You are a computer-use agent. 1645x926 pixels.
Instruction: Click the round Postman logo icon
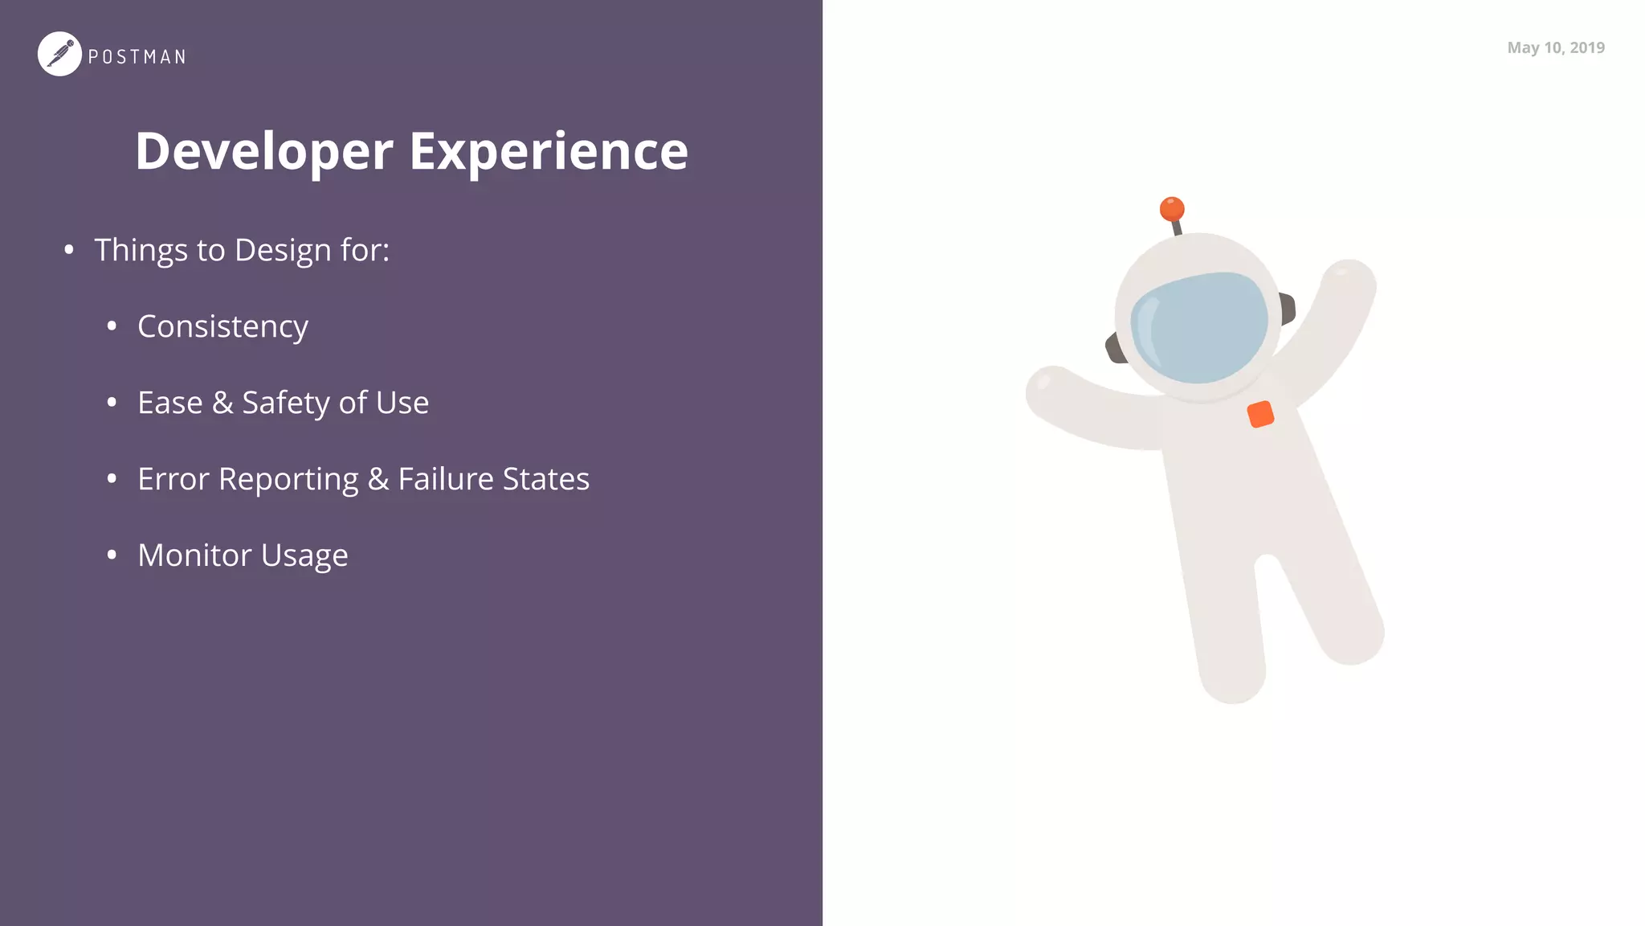click(59, 54)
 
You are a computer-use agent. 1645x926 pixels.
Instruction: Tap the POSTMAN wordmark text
click(137, 57)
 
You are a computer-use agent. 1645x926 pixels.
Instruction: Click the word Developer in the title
click(264, 151)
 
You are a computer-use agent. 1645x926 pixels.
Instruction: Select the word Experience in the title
click(549, 151)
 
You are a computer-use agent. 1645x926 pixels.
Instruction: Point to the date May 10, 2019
click(1556, 47)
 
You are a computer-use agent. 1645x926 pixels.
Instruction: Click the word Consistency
click(222, 326)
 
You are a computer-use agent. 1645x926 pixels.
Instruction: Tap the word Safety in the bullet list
click(285, 403)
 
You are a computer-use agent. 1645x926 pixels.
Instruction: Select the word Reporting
click(288, 479)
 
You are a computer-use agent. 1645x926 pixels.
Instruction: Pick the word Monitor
click(194, 555)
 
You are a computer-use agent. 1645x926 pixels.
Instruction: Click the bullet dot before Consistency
click(112, 326)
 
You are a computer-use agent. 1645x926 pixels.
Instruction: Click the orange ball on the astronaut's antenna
click(1172, 209)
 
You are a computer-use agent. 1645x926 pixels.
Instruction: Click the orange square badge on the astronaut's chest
click(1260, 414)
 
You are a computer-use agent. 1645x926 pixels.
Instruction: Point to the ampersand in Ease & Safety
click(222, 403)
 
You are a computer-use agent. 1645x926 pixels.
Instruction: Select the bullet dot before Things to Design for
click(69, 250)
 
